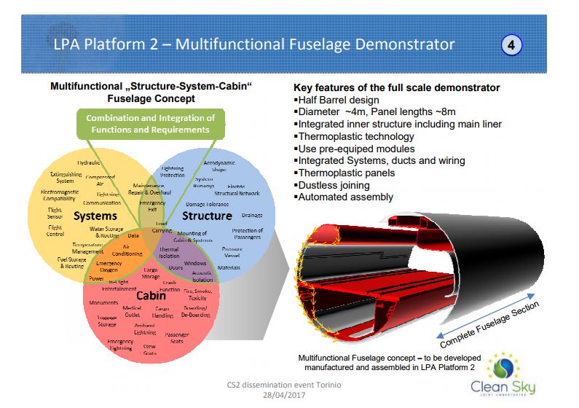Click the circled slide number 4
point(511,45)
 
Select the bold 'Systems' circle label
point(95,216)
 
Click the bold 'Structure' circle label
point(207,216)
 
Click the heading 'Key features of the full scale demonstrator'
point(396,87)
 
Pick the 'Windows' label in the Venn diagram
point(194,263)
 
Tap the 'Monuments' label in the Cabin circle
point(103,302)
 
